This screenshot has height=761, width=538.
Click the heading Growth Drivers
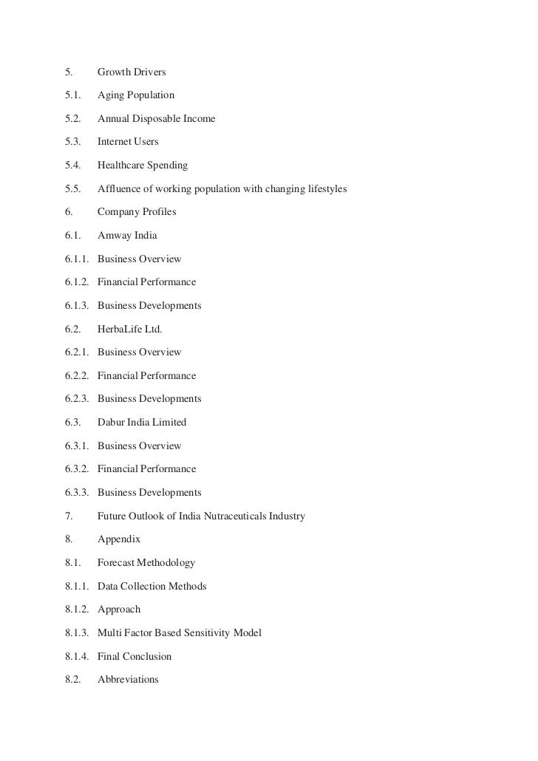(x=132, y=72)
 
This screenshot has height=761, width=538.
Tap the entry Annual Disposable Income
(x=157, y=119)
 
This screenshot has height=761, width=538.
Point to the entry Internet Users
(x=128, y=142)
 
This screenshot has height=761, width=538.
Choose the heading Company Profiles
(x=137, y=212)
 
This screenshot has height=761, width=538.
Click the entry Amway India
(x=127, y=236)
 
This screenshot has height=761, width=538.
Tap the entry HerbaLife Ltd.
(x=129, y=329)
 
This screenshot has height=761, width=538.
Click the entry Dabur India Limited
(x=142, y=423)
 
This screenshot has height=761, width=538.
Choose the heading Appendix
(x=119, y=539)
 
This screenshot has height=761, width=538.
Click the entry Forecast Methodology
(x=146, y=563)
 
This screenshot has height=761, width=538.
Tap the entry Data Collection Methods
(x=152, y=587)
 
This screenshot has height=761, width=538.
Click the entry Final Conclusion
(x=134, y=657)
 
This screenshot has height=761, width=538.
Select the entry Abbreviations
(x=128, y=680)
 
